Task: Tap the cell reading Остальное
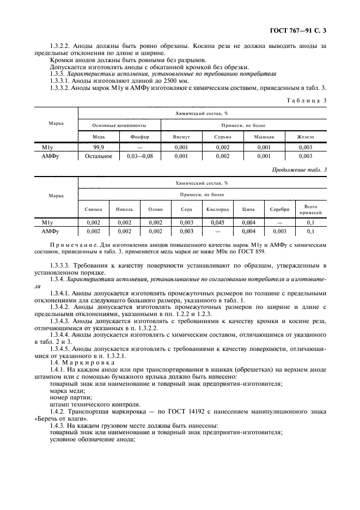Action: point(99,156)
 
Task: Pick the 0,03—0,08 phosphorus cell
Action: point(139,156)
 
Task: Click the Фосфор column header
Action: point(139,137)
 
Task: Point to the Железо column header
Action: point(305,137)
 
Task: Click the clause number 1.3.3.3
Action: point(60,265)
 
